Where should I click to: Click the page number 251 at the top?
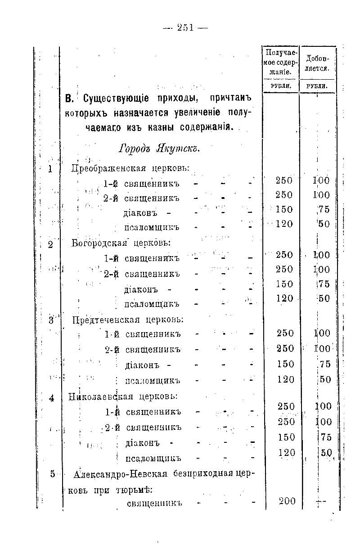click(185, 27)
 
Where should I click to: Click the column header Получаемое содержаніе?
click(280, 62)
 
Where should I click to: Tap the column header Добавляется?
click(318, 63)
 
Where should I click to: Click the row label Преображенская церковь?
click(130, 169)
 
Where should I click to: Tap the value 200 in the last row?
click(286, 501)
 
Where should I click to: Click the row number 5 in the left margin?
click(53, 473)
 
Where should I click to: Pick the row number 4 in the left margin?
click(52, 398)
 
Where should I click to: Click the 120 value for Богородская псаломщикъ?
click(284, 298)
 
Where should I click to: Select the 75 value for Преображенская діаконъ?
click(324, 209)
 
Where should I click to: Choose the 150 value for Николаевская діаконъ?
click(286, 437)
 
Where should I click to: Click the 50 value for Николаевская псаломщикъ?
click(325, 453)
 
